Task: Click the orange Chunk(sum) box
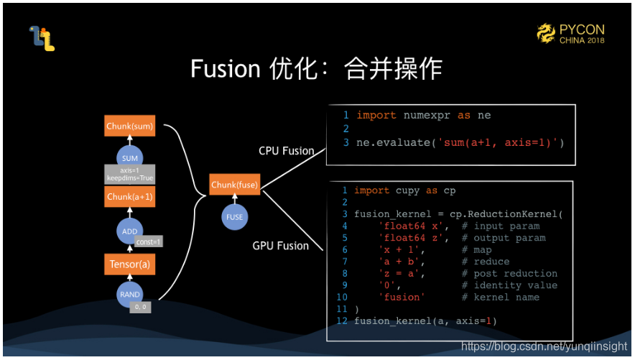pos(129,126)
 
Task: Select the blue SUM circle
pos(130,158)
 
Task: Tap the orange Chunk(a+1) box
pos(129,197)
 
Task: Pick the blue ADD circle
pos(130,231)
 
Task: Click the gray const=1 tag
pos(149,241)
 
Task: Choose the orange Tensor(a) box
pos(129,265)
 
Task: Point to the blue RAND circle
pos(130,295)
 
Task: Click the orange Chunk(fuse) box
pos(234,185)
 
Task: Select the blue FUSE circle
pos(234,217)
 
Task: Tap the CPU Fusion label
pos(287,151)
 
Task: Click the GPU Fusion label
pos(281,246)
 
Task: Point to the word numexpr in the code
pos(425,116)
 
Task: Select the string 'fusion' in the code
pos(402,297)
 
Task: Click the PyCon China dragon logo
pos(547,32)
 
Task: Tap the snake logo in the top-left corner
pos(42,38)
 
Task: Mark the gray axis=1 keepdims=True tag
pos(130,174)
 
